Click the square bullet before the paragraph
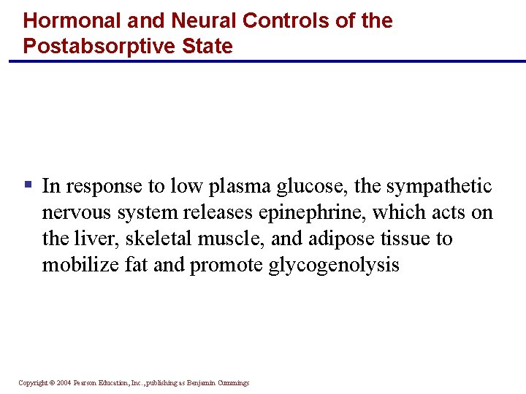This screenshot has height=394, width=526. coord(28,185)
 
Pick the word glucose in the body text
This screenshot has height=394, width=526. coord(312,187)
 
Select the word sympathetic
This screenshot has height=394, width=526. coord(439,187)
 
